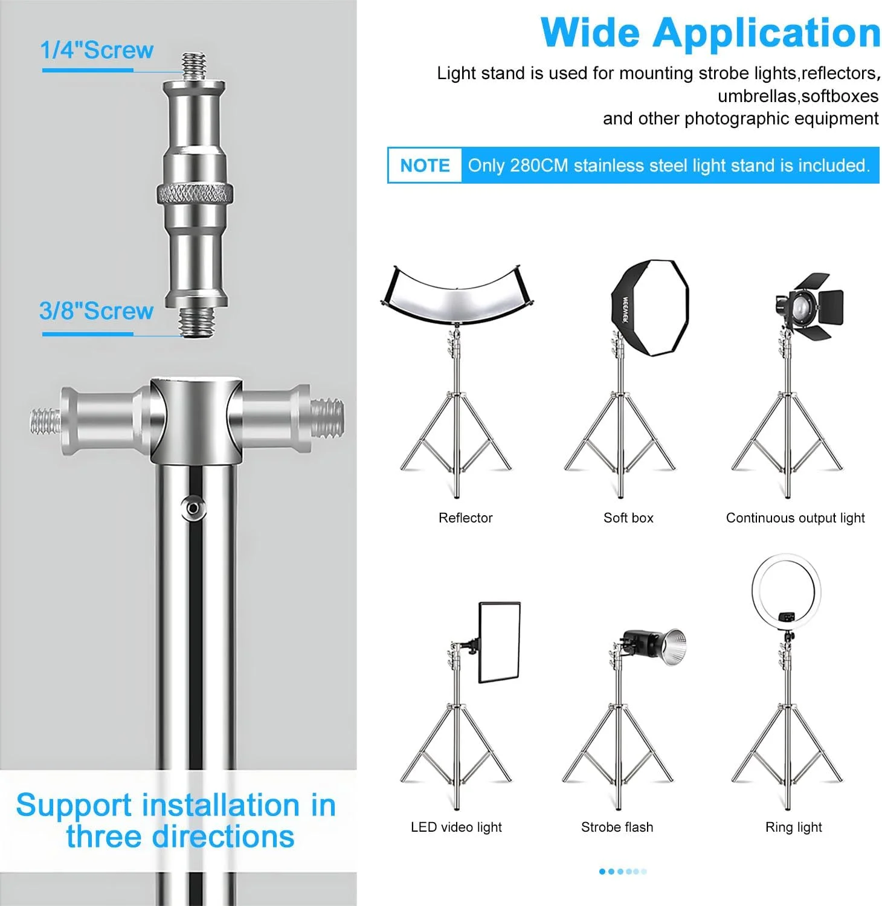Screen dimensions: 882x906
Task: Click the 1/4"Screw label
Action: (x=97, y=50)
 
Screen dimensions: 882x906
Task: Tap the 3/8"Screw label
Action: (x=97, y=311)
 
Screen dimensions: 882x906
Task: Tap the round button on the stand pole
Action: (x=193, y=508)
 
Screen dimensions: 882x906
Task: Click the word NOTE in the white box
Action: (x=425, y=165)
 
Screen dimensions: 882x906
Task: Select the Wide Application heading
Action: (x=711, y=33)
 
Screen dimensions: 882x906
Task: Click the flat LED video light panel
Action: (x=499, y=642)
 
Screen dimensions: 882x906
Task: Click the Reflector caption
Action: (x=466, y=518)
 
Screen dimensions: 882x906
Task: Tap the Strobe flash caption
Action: (x=617, y=827)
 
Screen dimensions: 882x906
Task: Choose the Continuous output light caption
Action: (x=796, y=518)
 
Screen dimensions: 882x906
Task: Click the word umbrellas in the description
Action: (x=757, y=96)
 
